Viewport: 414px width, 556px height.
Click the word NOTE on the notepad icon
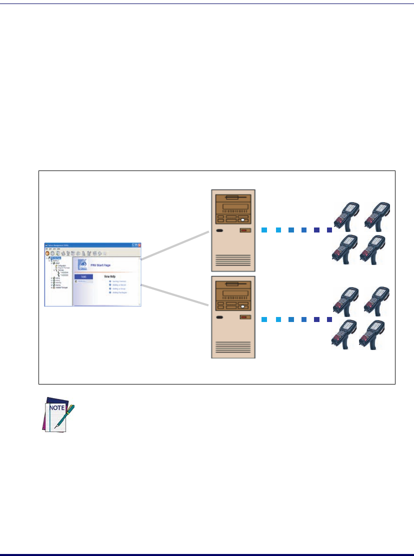click(54, 408)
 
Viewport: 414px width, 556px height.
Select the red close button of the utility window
click(140, 245)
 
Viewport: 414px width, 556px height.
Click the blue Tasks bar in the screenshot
click(83, 276)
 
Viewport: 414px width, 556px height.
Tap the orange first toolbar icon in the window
click(47, 253)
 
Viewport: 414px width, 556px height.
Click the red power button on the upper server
click(245, 230)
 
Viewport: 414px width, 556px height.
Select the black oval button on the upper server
click(219, 231)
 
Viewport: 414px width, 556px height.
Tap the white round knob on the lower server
click(242, 306)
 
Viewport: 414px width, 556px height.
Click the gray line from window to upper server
click(174, 245)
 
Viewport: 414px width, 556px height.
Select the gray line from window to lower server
click(174, 295)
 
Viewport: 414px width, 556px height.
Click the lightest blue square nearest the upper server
click(264, 230)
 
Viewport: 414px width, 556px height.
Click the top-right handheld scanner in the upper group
click(376, 215)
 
